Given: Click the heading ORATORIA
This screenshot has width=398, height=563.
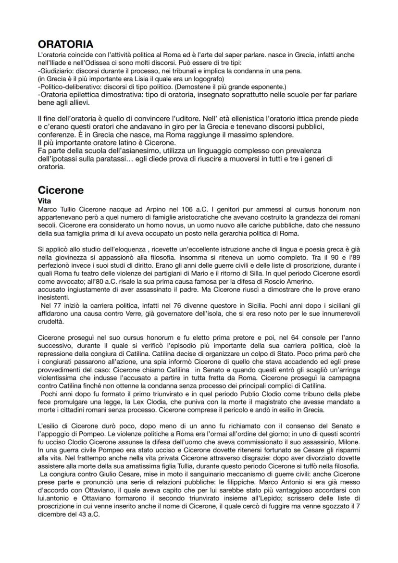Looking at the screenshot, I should coord(65,44).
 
